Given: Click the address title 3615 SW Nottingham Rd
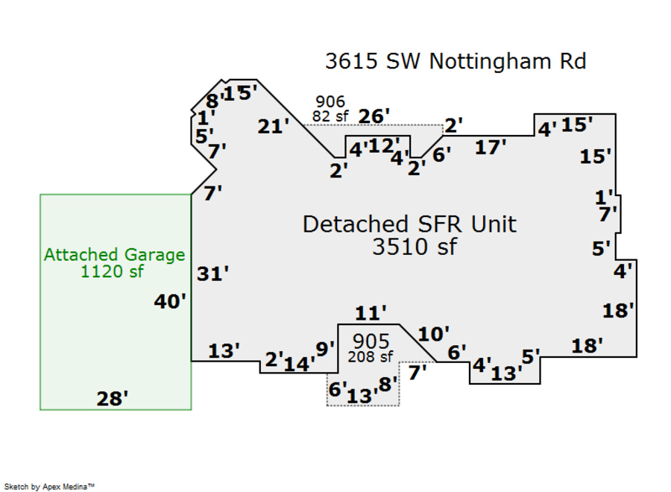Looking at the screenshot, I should pyautogui.click(x=455, y=61).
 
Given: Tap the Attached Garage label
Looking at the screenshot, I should pyautogui.click(x=114, y=255).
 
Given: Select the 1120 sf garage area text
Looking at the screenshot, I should pyautogui.click(x=112, y=271).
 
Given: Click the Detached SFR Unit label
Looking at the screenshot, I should pyautogui.click(x=409, y=224).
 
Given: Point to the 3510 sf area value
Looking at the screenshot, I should pyautogui.click(x=415, y=246).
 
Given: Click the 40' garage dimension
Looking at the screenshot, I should pyautogui.click(x=170, y=301).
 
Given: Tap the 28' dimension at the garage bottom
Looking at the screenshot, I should pyautogui.click(x=113, y=400).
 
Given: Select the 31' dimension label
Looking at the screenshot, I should pyautogui.click(x=212, y=274).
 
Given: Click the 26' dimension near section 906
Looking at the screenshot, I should pyautogui.click(x=374, y=116).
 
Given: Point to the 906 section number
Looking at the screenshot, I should pyautogui.click(x=330, y=102).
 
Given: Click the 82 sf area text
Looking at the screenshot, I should pyautogui.click(x=330, y=116).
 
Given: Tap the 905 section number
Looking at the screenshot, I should pyautogui.click(x=371, y=341).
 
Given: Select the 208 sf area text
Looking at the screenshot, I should pyautogui.click(x=370, y=356).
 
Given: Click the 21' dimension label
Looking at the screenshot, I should pyautogui.click(x=274, y=127).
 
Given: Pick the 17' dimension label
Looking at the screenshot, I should pyautogui.click(x=491, y=148).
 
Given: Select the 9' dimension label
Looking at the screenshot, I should pyautogui.click(x=325, y=348).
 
